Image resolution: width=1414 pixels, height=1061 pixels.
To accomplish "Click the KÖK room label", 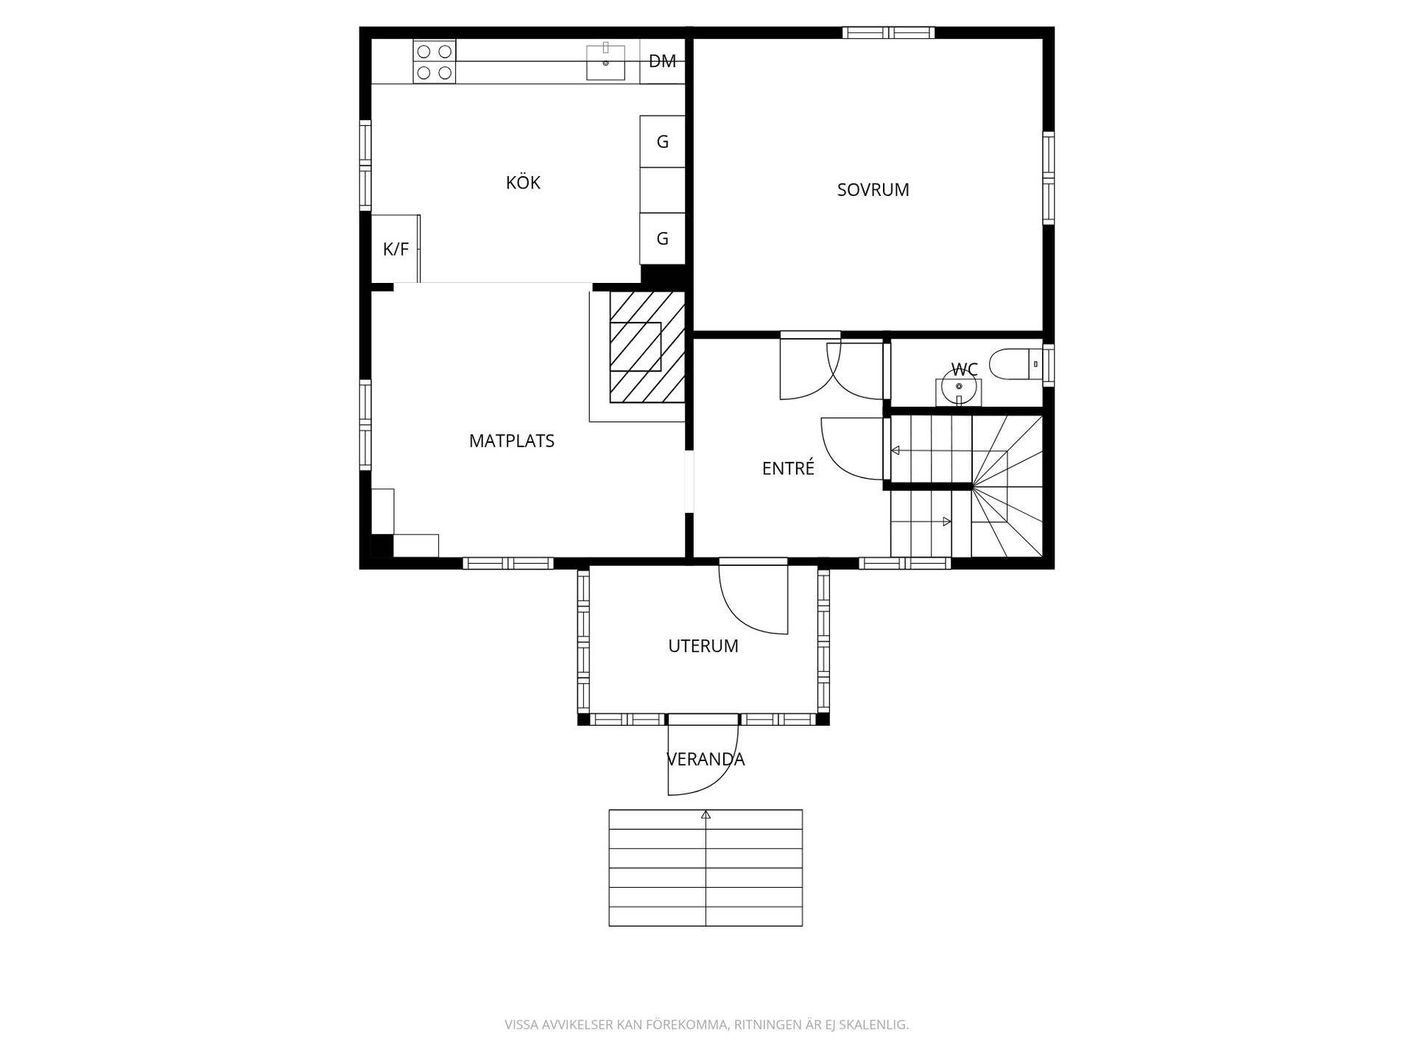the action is point(523,182).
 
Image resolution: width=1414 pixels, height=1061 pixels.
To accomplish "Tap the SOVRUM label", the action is point(873,189).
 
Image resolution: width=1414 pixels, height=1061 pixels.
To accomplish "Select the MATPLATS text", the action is point(511,441).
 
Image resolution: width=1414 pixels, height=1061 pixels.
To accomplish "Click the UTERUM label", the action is point(703,645).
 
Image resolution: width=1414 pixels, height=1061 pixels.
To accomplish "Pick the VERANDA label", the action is point(706,759).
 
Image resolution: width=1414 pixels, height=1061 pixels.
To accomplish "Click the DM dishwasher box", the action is point(662,61).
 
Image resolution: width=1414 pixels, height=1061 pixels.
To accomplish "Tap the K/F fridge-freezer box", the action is point(395,249).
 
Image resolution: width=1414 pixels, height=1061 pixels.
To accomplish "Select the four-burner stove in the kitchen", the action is point(434,61).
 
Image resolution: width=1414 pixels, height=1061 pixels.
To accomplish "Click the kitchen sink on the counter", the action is point(605,62).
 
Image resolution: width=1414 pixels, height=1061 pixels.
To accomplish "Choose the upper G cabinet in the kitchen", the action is point(662,141).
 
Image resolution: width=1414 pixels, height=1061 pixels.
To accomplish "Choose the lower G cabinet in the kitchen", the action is point(662,238).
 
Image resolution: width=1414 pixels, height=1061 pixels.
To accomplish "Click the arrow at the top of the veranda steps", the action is point(706,814).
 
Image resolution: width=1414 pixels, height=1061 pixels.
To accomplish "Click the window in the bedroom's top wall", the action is point(888,32).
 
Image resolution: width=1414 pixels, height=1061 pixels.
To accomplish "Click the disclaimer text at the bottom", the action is point(706,1025).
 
